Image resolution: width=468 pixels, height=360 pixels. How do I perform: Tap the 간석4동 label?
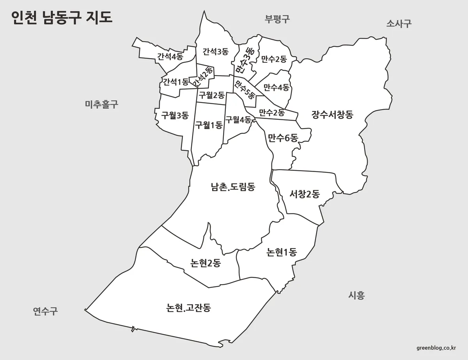(170, 57)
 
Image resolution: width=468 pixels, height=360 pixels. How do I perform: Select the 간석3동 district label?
(215, 51)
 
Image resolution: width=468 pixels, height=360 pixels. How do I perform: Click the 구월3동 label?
(175, 115)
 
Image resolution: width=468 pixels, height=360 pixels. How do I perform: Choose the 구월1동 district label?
(209, 125)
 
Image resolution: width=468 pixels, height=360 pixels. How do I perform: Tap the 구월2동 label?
(211, 95)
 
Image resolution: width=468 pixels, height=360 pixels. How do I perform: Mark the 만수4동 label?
(276, 87)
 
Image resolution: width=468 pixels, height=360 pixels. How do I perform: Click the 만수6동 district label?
(283, 137)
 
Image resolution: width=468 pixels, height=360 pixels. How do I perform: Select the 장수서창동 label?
(332, 115)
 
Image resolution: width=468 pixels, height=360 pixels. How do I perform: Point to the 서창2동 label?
(305, 194)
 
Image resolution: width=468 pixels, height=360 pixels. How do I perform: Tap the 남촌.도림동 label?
(233, 187)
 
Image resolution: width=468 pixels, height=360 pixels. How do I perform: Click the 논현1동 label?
(282, 252)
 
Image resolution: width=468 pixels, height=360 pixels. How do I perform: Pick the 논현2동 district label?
(206, 263)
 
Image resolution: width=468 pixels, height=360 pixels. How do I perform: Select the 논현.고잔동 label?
(188, 308)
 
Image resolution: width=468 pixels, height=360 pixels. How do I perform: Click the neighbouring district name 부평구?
(277, 19)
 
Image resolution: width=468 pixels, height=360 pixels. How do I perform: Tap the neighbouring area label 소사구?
(399, 23)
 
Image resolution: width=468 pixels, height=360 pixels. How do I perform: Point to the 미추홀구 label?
(101, 104)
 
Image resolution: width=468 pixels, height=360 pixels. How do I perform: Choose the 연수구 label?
(45, 311)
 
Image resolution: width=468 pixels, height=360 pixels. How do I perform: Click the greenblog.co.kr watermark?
(436, 348)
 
